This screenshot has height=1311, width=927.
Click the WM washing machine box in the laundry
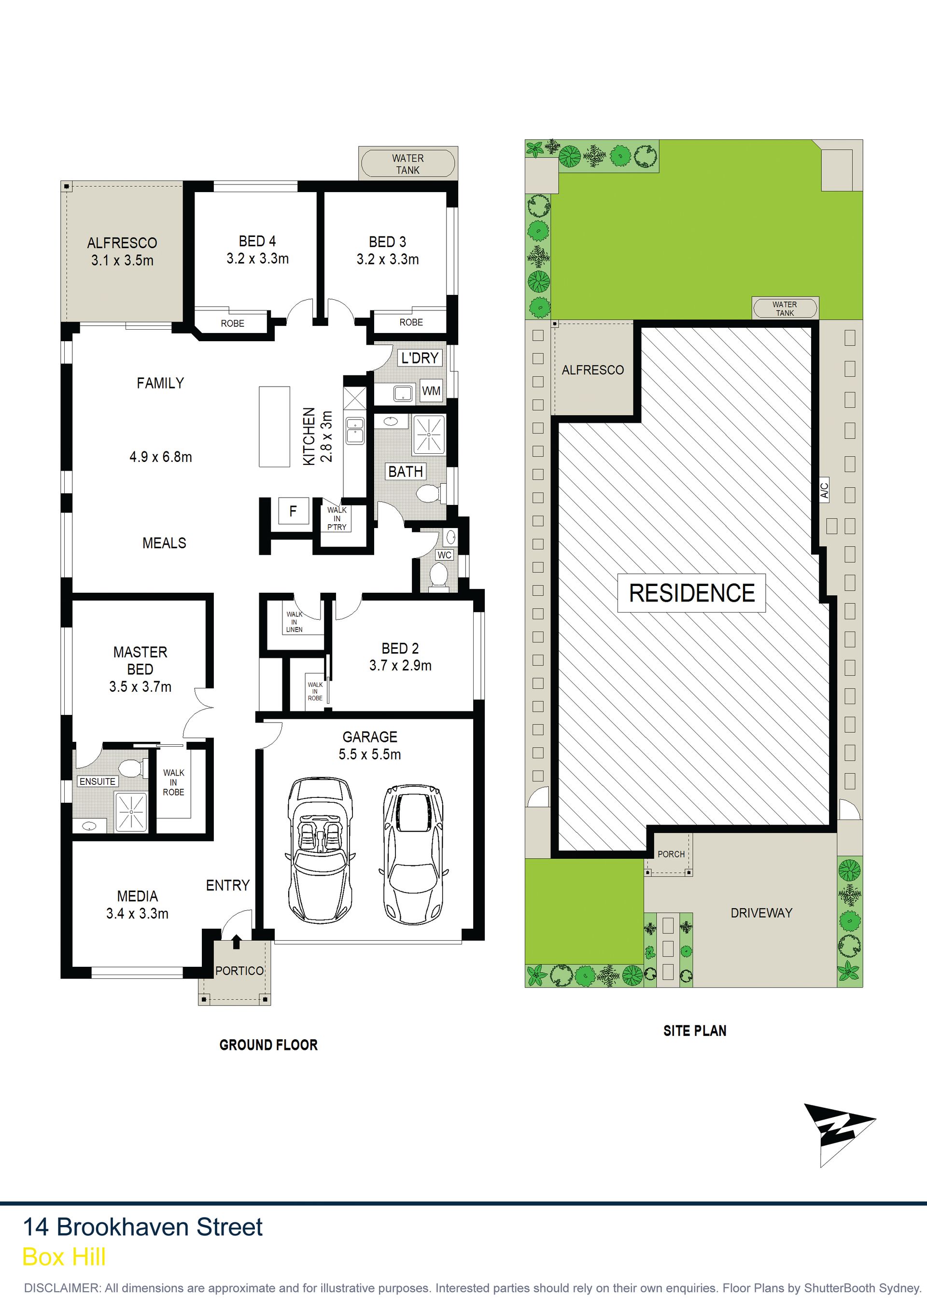(x=431, y=391)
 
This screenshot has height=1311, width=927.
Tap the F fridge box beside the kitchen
(x=293, y=511)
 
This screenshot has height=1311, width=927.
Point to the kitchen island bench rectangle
(x=274, y=427)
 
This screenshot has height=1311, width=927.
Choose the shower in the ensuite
(x=131, y=811)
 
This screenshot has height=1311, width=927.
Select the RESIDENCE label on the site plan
(x=692, y=593)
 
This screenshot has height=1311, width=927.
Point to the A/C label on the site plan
(x=824, y=490)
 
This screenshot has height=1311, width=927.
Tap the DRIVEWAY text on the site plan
(x=761, y=912)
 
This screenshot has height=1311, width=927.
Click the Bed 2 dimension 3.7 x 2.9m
(x=400, y=665)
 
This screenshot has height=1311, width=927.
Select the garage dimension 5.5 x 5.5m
(x=369, y=754)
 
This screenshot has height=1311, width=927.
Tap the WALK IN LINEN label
(x=295, y=622)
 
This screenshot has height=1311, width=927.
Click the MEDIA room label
(x=138, y=896)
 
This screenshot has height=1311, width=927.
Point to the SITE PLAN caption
(x=695, y=1031)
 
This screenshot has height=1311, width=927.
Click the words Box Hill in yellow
(x=64, y=1257)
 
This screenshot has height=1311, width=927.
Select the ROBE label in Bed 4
(x=232, y=323)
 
